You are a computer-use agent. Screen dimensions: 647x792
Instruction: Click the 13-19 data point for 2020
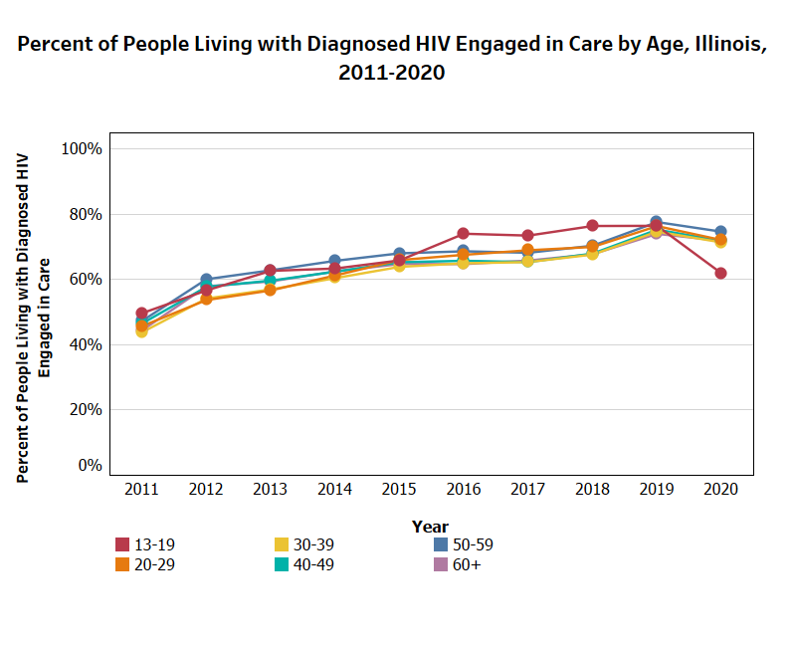[720, 273]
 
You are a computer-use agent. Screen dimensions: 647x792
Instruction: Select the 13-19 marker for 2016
[463, 234]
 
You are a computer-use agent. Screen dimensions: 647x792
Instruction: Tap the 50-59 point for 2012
[206, 280]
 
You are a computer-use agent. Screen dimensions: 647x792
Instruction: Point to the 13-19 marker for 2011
[141, 314]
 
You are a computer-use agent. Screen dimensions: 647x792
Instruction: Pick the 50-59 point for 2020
[720, 232]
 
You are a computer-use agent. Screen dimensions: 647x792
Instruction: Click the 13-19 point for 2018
[592, 226]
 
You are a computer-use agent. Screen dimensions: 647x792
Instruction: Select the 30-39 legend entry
[309, 544]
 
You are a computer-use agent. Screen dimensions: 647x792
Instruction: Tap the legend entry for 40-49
[309, 564]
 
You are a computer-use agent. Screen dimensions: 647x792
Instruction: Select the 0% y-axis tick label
[90, 466]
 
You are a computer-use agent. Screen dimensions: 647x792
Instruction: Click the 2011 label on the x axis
[141, 490]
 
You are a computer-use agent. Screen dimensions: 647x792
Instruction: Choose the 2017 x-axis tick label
[527, 490]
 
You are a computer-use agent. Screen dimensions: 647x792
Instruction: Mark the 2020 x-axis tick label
[720, 490]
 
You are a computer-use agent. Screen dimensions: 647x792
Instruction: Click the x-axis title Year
[430, 527]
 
